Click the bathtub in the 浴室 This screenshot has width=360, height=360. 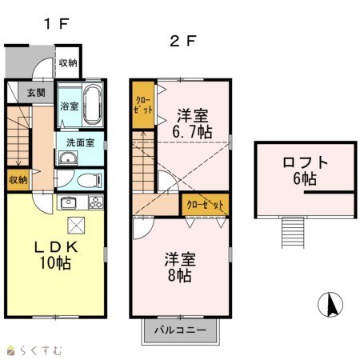click(93, 105)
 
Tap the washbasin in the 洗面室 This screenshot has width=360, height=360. click(68, 158)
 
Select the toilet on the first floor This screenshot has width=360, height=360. click(90, 180)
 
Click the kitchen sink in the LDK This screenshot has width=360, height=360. click(68, 203)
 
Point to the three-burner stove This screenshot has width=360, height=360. click(96, 202)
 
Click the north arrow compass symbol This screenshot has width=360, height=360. click(330, 304)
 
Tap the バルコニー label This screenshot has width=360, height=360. click(180, 330)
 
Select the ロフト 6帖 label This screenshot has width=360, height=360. click(305, 170)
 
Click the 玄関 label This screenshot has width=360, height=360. click(36, 93)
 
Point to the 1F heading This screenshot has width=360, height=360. click(57, 24)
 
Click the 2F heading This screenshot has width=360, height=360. click(183, 42)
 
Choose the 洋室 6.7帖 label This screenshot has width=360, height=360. click(192, 124)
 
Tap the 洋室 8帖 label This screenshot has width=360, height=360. click(180, 267)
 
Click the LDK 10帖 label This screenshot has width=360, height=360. click(56, 255)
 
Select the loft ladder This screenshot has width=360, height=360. click(293, 233)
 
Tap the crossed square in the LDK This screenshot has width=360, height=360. click(76, 226)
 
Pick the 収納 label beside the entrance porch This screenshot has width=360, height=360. click(68, 63)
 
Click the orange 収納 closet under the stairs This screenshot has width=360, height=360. click(18, 180)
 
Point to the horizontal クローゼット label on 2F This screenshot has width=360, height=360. click(205, 205)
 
